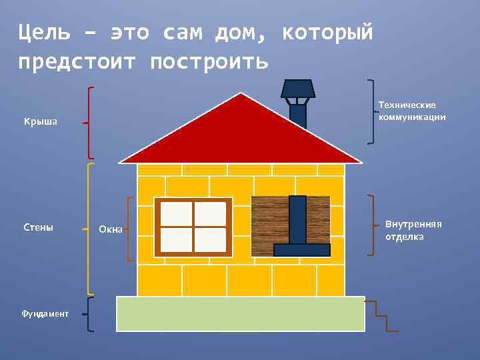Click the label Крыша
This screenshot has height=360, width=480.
pyautogui.click(x=41, y=121)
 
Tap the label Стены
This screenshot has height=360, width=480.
pyautogui.click(x=38, y=227)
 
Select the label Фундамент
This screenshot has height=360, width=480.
pyautogui.click(x=45, y=313)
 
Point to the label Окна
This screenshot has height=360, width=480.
pyautogui.click(x=110, y=229)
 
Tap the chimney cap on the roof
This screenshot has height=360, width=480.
pyautogui.click(x=297, y=89)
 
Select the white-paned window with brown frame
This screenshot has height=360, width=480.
pyautogui.click(x=193, y=227)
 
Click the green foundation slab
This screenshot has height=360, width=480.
pyautogui.click(x=241, y=313)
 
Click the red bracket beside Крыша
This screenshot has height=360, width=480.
pyautogui.click(x=89, y=123)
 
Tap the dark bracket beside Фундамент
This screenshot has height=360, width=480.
pyautogui.click(x=89, y=314)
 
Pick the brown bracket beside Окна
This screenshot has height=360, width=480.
pyautogui.click(x=129, y=229)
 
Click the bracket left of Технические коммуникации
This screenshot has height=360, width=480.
pyautogui.click(x=371, y=111)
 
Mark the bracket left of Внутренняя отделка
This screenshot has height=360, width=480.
pyautogui.click(x=371, y=225)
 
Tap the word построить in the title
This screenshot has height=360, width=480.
pyautogui.click(x=209, y=61)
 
